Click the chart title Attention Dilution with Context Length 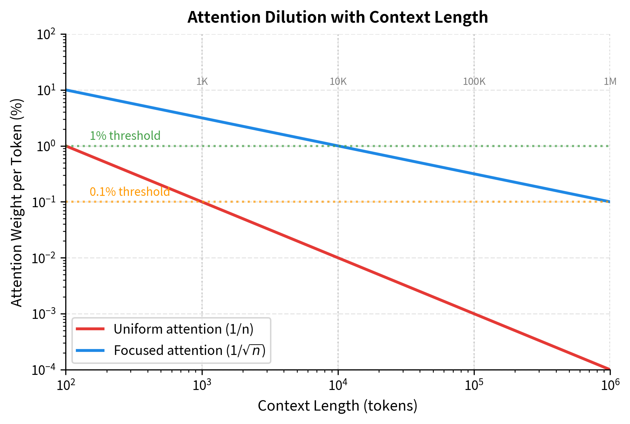(x=337, y=17)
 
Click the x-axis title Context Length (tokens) (x=337, y=406)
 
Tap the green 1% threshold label (x=125, y=136)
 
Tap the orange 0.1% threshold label (x=130, y=192)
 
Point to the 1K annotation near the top (x=202, y=81)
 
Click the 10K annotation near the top (x=338, y=81)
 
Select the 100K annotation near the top (x=474, y=81)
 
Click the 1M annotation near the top (x=610, y=81)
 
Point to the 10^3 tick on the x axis (x=202, y=385)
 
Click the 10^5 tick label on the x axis (x=474, y=385)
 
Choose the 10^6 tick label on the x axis (x=610, y=385)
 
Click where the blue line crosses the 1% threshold (x=338, y=146)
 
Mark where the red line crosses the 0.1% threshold (x=202, y=202)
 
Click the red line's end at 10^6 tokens (x=609, y=369)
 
